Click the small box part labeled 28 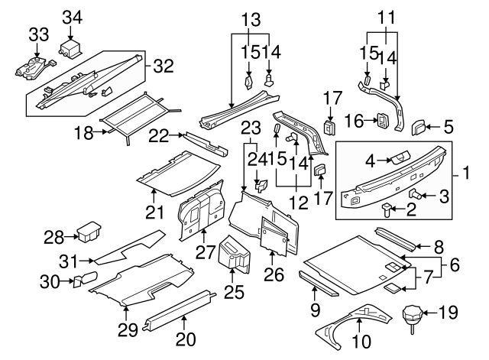[x=91, y=229]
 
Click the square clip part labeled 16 [x=380, y=121]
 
